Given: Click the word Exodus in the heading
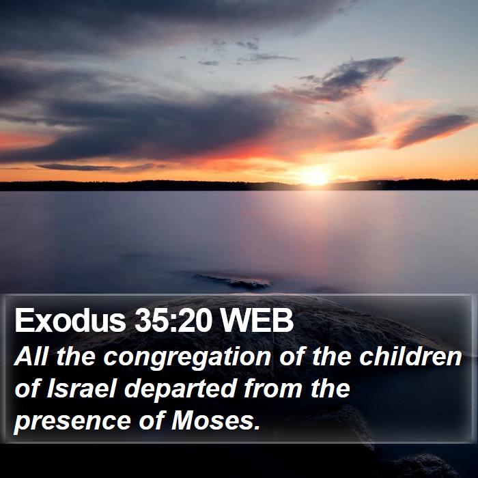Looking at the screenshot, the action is pos(70,320).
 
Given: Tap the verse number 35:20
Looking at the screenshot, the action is pos(173,320).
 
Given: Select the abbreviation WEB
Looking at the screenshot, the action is pos(257,320).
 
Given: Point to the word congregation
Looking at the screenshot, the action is pos(187,358).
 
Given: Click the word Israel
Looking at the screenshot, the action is pos(82,389).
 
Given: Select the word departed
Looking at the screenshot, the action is pos(181,391).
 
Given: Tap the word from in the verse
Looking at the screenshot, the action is pos(274,389).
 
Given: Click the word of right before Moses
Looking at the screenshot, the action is pos(152,421).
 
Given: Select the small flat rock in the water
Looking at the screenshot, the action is pos(234,281).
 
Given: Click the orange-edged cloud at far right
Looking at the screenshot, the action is pos(433,130).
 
